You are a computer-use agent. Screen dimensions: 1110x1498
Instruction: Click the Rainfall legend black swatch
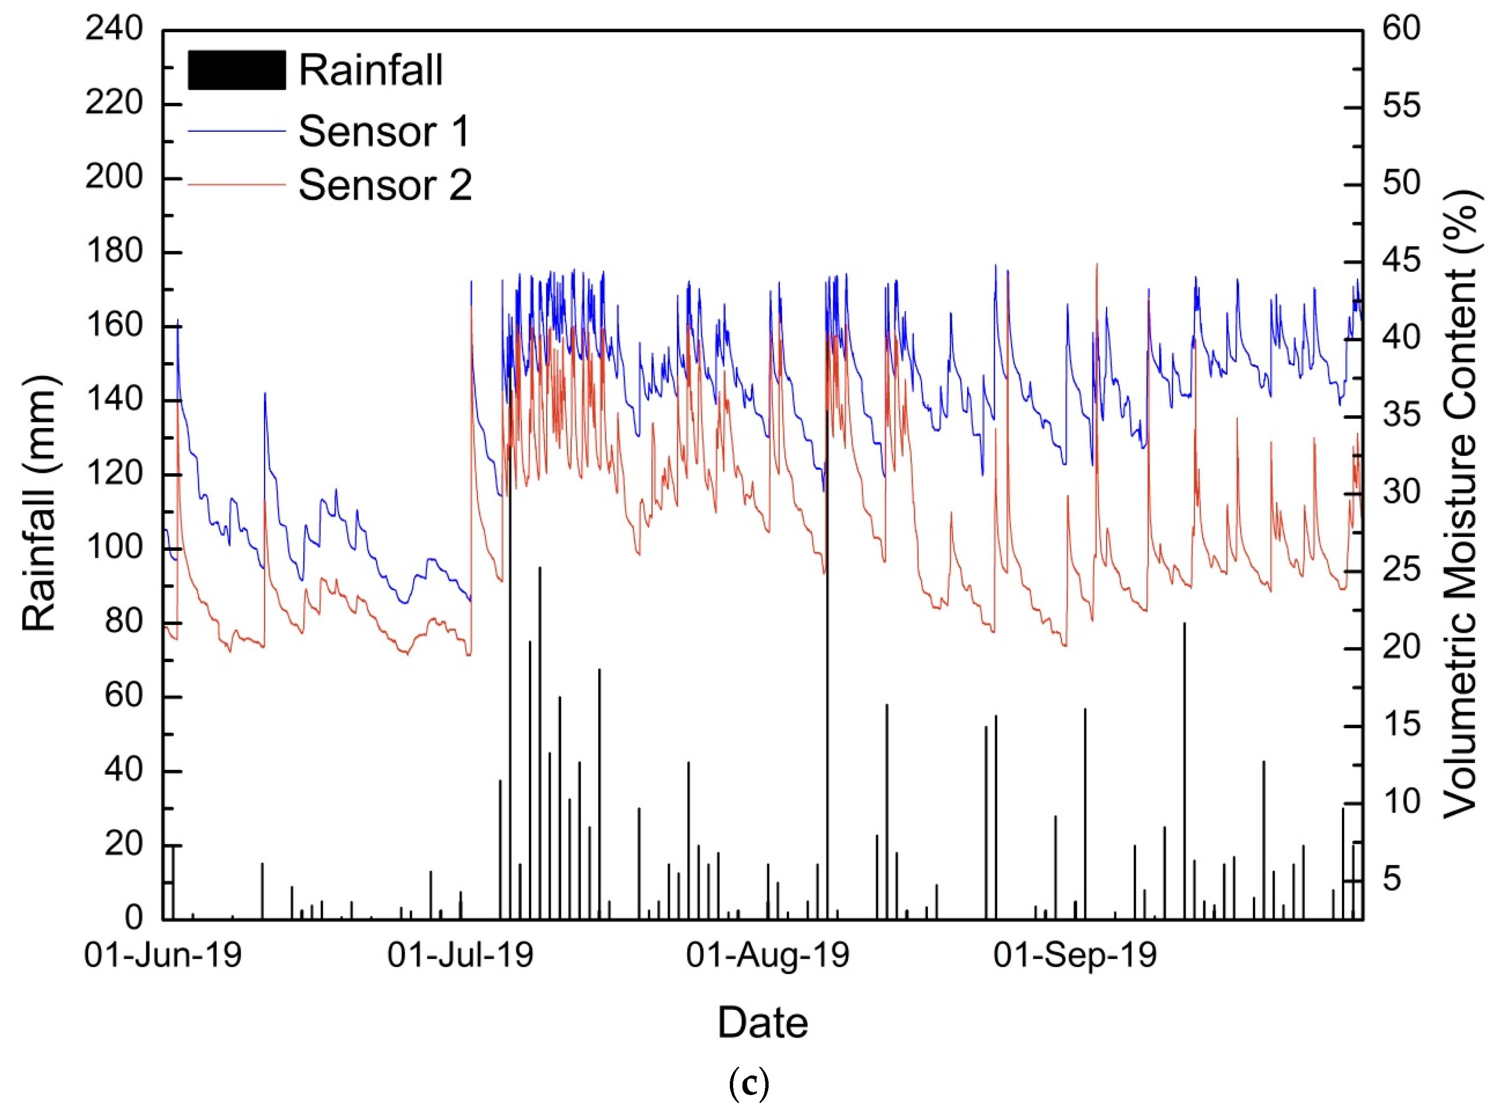pos(236,70)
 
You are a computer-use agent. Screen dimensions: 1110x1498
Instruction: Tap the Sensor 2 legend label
pos(385,185)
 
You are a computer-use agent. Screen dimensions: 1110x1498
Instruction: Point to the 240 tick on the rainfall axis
pos(114,29)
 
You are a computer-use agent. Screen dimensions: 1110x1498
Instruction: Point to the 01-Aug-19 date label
pos(768,955)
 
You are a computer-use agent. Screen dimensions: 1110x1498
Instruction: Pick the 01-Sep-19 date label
pos(1075,955)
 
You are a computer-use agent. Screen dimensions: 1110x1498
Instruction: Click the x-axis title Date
pos(763,1023)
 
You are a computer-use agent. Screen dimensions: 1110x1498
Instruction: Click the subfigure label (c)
pos(748,1084)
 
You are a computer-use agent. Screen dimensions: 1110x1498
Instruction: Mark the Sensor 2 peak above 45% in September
pos(1097,265)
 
